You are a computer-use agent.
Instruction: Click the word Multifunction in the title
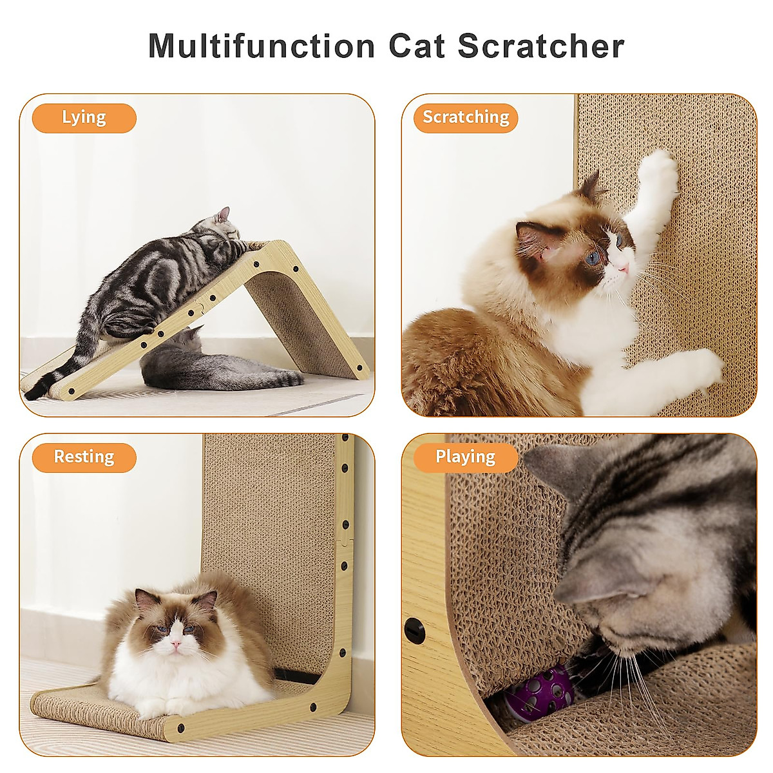(x=262, y=46)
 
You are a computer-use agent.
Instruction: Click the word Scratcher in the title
(x=541, y=46)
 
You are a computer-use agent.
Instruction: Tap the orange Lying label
(x=84, y=118)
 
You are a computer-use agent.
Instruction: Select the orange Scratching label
(x=466, y=118)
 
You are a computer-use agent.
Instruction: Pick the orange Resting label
(x=84, y=457)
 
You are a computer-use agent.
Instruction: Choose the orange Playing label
(x=465, y=457)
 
